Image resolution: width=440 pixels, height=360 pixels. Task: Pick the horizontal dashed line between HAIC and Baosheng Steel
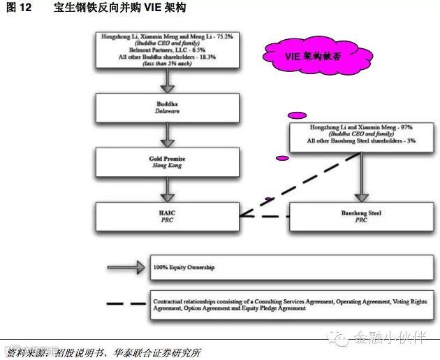(x=264, y=216)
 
